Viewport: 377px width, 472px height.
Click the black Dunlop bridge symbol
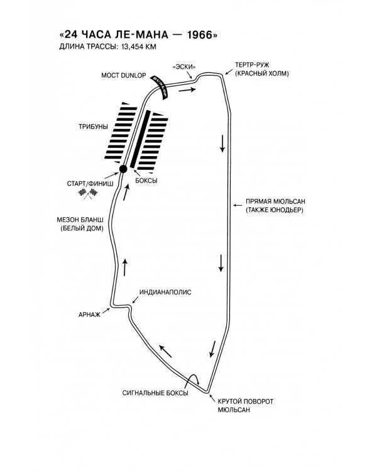point(160,85)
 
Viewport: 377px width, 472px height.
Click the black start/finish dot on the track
point(124,169)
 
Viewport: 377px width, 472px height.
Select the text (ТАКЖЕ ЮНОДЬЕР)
point(275,210)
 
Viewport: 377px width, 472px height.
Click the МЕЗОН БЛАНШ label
point(82,220)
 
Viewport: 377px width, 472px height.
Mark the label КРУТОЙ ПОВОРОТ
point(246,401)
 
